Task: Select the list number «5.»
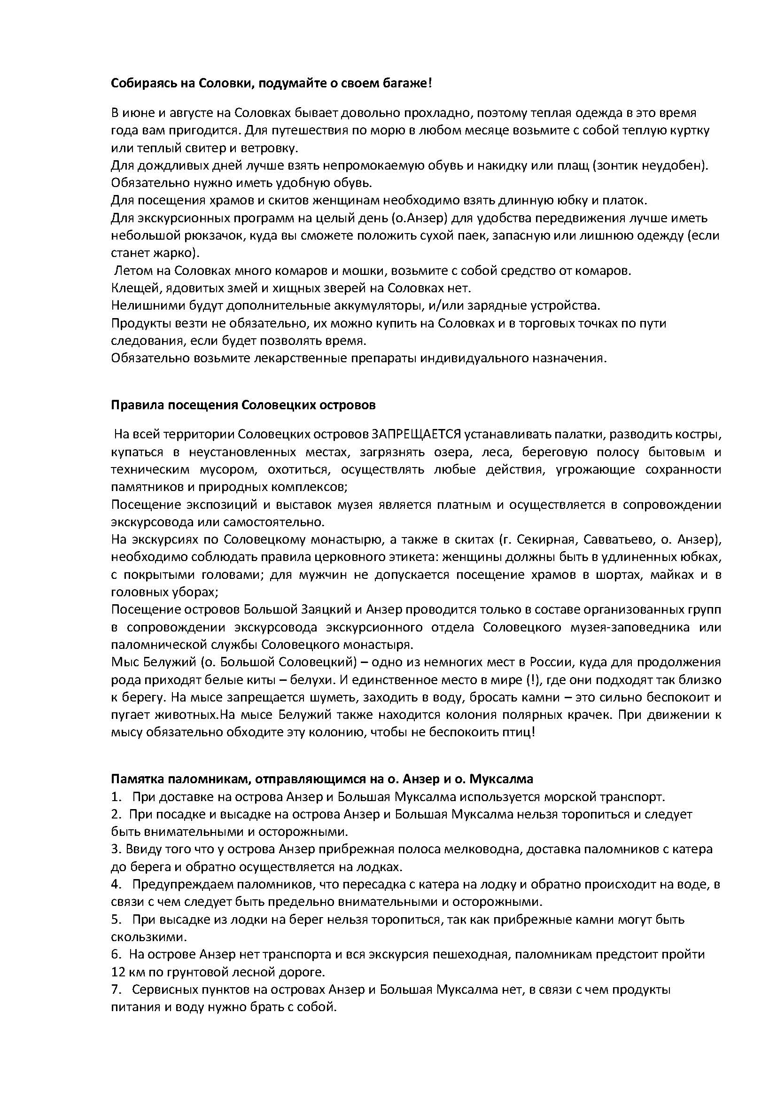pos(116,919)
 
